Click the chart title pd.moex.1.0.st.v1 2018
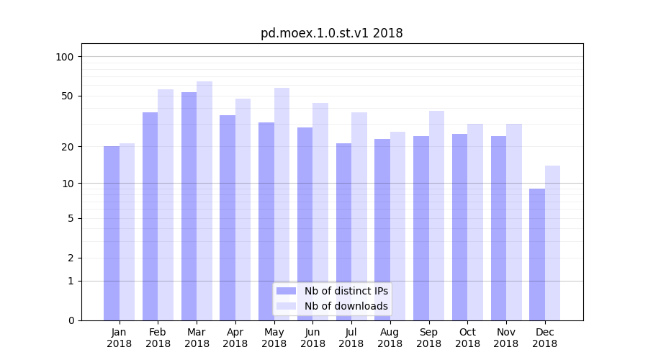pos(331,33)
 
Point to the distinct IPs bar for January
pos(112,233)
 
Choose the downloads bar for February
pos(166,204)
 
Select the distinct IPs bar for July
pos(343,231)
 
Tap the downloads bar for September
pos(437,215)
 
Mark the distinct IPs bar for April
pos(228,217)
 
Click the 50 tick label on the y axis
pos(68,96)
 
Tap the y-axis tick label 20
pos(68,147)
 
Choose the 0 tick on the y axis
pos(71,320)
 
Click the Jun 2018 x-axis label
pos(312,338)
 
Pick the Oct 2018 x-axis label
pos(467,338)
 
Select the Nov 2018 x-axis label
pos(506,338)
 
